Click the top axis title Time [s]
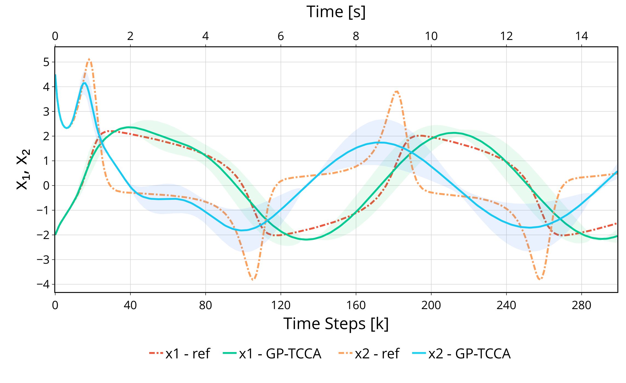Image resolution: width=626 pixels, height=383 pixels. [336, 12]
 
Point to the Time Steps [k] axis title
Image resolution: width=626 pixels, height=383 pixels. [336, 324]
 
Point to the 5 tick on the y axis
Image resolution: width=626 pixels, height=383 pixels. [46, 62]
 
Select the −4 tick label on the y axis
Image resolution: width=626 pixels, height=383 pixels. [43, 284]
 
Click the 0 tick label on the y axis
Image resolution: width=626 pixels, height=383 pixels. [46, 186]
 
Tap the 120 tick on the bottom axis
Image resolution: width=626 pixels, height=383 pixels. [281, 305]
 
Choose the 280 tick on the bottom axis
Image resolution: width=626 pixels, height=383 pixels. [581, 305]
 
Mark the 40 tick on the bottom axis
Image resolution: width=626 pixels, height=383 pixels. [130, 305]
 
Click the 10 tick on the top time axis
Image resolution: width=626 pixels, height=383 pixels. [431, 36]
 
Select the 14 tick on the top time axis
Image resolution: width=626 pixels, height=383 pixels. [581, 36]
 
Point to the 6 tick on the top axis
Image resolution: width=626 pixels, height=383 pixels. [281, 36]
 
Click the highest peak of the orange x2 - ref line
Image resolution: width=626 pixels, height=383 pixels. [89, 59]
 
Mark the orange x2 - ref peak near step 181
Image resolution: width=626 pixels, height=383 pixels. [397, 91]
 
